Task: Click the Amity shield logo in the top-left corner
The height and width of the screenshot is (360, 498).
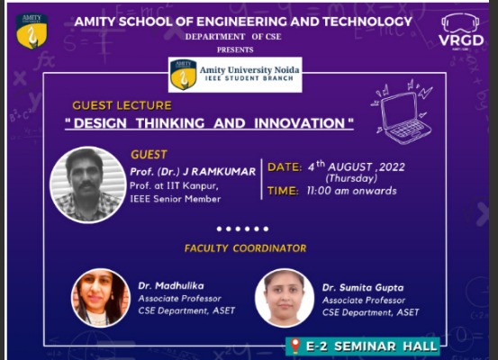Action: coord(32,31)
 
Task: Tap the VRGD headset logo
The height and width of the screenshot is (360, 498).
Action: coord(461,31)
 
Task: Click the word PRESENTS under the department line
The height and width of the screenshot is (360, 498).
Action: coord(235,49)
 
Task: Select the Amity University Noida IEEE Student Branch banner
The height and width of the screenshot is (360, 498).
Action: coord(235,75)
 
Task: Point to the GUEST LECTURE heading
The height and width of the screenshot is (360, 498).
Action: coord(122,105)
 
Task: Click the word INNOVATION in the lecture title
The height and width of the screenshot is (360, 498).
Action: coord(299,123)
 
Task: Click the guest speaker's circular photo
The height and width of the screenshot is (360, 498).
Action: coord(88,184)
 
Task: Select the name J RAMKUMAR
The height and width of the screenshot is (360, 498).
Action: coord(219,172)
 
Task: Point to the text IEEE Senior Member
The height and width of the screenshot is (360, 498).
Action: coord(176,199)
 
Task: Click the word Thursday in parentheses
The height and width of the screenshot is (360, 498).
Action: coord(351,178)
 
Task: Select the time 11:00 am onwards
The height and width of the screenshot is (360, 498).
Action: coord(351,191)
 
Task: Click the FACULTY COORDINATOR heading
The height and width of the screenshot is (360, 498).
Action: coord(246,248)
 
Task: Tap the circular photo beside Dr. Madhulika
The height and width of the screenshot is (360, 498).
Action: coord(101,298)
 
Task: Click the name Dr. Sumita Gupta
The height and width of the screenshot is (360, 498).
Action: coord(363,288)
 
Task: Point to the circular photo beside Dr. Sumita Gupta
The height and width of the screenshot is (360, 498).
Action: coord(285,298)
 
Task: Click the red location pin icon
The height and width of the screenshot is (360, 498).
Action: coord(295,346)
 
